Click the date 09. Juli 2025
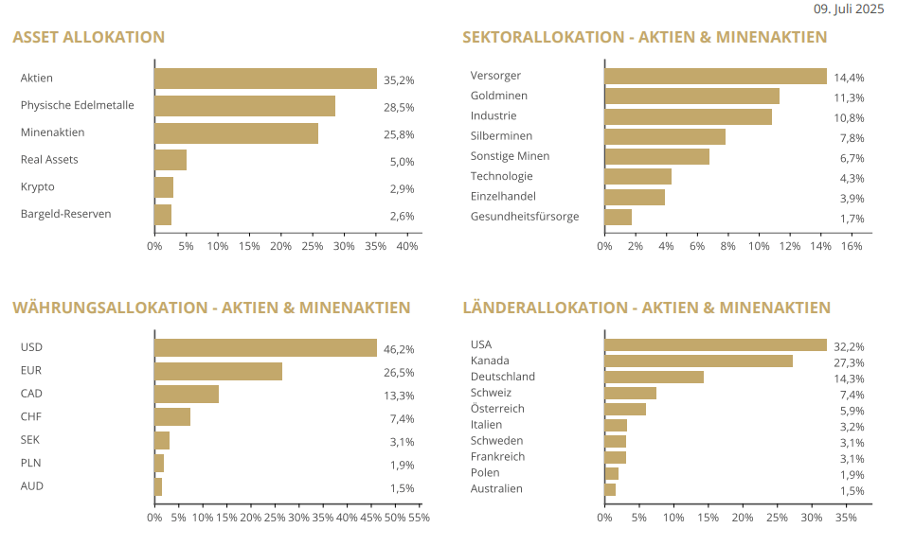click(849, 9)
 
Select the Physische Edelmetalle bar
click(244, 106)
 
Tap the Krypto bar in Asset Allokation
click(164, 187)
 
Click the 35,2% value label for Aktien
click(399, 80)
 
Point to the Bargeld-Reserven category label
click(65, 214)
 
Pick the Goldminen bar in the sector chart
click(691, 96)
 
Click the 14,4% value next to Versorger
click(849, 78)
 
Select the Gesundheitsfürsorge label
click(524, 217)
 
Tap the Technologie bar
click(637, 176)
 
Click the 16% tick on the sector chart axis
click(851, 246)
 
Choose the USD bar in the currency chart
click(265, 347)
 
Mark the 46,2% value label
click(399, 349)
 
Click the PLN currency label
click(30, 463)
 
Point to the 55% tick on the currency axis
click(419, 518)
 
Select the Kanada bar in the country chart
click(698, 361)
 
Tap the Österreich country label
click(497, 409)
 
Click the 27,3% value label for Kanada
click(849, 362)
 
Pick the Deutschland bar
click(654, 377)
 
